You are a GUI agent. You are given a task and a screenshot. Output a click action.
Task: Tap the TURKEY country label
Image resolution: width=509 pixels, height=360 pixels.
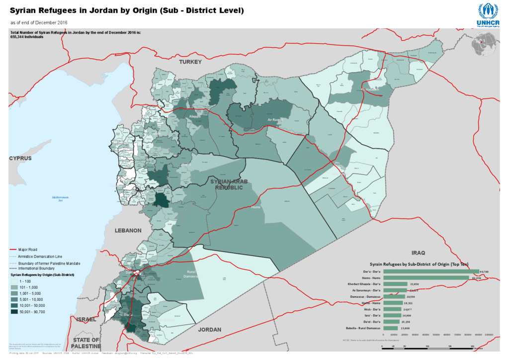pyautogui.click(x=190, y=62)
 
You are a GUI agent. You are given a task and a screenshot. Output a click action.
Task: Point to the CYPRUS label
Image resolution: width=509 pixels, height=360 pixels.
pyautogui.click(x=20, y=158)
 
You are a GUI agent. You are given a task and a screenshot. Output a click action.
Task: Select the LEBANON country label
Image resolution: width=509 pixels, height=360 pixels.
pyautogui.click(x=128, y=231)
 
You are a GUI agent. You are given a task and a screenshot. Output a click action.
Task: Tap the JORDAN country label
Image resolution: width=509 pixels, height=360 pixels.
pyautogui.click(x=209, y=330)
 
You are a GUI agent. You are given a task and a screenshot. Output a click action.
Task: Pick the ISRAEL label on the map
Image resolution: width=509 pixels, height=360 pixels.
pyautogui.click(x=85, y=319)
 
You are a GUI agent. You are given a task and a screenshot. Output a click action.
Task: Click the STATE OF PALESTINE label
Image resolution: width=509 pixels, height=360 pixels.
pyautogui.click(x=86, y=343)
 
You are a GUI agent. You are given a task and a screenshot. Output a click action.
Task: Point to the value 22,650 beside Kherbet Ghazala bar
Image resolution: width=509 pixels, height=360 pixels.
pyautogui.click(x=415, y=284)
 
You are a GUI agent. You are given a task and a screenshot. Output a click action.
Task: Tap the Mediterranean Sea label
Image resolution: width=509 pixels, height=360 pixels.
pyautogui.click(x=61, y=198)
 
